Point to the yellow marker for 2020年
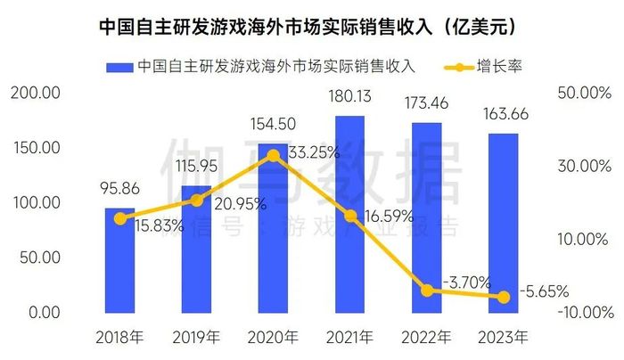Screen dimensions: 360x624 [x=274, y=155]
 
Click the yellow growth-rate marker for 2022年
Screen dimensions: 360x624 [x=427, y=290]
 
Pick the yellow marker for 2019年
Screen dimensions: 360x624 [x=197, y=200]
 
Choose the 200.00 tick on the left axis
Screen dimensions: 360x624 [x=34, y=94]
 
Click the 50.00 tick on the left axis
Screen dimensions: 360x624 [x=37, y=258]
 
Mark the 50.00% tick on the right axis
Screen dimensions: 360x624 [x=583, y=94]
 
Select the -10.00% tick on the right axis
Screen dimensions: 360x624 [x=583, y=313]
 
